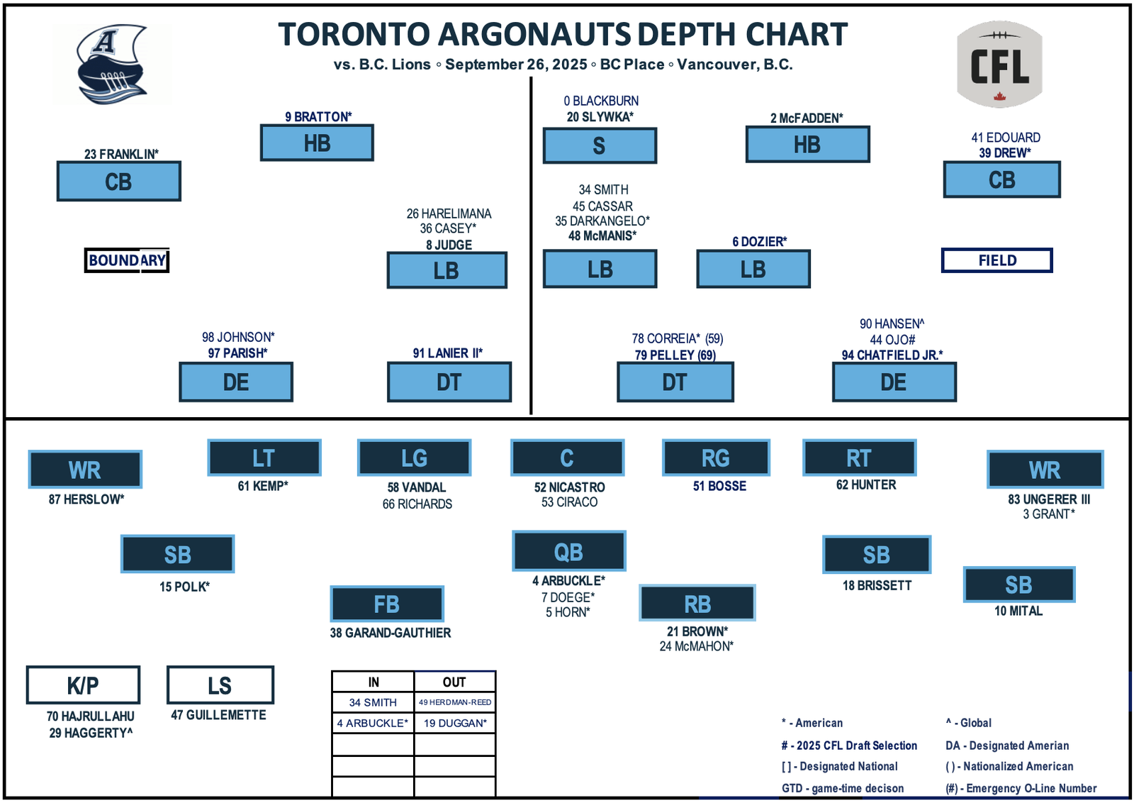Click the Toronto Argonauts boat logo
(x=112, y=64)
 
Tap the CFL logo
(x=999, y=64)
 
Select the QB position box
(x=569, y=550)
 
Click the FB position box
(x=387, y=604)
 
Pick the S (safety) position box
(x=600, y=145)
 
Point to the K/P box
(x=83, y=685)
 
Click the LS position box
(x=220, y=685)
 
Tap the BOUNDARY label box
(x=127, y=260)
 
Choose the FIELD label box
(x=997, y=260)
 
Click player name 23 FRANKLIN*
(x=121, y=154)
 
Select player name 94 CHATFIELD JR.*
(x=892, y=355)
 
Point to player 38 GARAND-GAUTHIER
(x=391, y=633)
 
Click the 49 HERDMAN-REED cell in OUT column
(x=454, y=702)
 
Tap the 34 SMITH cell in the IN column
(x=373, y=702)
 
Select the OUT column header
(x=454, y=682)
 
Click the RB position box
(x=697, y=603)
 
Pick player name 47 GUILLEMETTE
(x=219, y=715)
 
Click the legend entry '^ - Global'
(x=968, y=723)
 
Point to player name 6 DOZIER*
(x=759, y=242)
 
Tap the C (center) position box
(x=568, y=458)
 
